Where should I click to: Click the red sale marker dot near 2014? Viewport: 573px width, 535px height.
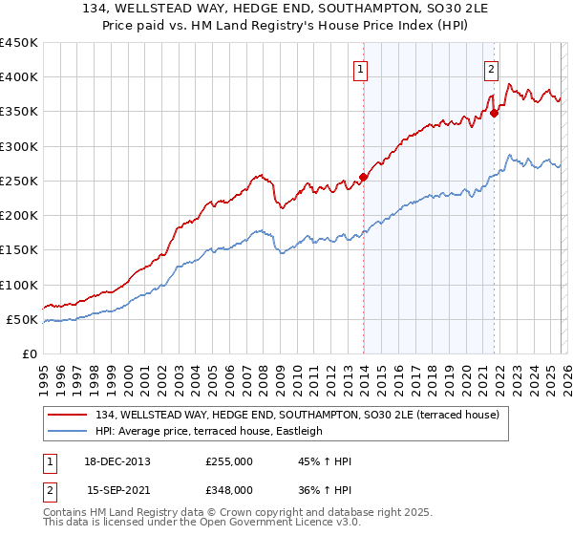click(x=364, y=177)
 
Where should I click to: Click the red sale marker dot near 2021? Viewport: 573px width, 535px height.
click(x=495, y=113)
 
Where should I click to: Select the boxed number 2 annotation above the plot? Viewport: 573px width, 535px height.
click(x=491, y=68)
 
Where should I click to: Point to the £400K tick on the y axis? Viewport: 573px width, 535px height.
click(x=19, y=77)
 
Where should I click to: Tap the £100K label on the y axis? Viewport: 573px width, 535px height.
click(x=19, y=285)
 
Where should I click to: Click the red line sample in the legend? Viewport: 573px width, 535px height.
click(x=70, y=414)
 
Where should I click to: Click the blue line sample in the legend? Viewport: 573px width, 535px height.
click(x=70, y=431)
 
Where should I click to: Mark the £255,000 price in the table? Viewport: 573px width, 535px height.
click(x=229, y=461)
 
